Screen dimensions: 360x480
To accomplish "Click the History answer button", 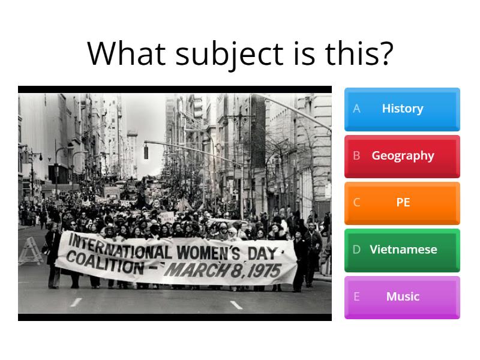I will point(402,109).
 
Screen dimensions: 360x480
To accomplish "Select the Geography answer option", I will point(402,155).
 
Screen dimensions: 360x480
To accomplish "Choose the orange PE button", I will point(402,202).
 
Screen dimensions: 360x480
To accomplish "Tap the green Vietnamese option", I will point(402,249).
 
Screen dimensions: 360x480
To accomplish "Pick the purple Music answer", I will point(402,296).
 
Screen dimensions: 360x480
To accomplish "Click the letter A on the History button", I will point(356,109).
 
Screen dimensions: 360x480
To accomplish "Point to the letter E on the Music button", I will point(356,296).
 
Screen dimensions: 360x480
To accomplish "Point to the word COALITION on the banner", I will point(104,260).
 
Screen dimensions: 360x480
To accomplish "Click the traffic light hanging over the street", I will point(145,151).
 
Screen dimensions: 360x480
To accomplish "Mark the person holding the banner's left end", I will point(54,252).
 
